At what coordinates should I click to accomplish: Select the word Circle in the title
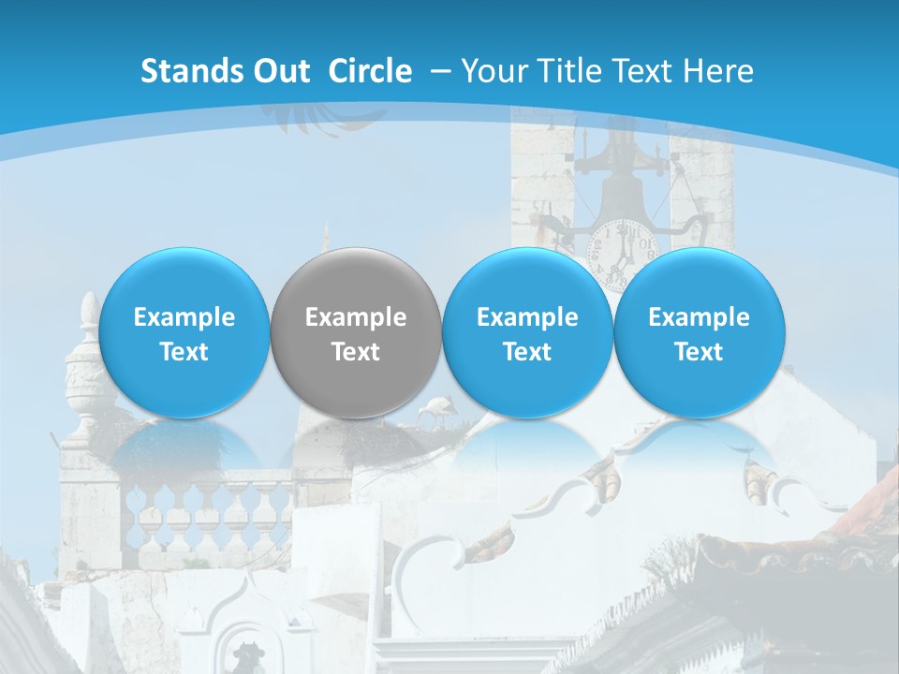tap(370, 71)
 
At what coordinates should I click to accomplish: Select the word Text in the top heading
tap(641, 71)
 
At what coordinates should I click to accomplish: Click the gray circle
tap(356, 333)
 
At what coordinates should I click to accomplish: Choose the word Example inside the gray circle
tap(356, 317)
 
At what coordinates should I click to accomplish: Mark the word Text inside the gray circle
tap(356, 352)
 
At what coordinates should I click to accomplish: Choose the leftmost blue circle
tap(184, 333)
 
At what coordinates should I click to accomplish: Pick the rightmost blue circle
tap(700, 333)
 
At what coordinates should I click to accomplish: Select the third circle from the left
tap(527, 333)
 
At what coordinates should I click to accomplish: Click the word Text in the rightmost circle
tap(700, 352)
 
